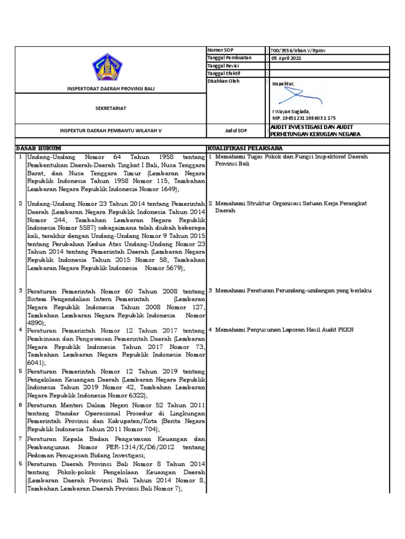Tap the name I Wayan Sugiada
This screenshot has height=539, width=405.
click(291, 111)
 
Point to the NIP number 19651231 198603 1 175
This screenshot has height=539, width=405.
click(304, 118)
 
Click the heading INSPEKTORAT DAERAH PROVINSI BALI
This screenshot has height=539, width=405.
click(110, 89)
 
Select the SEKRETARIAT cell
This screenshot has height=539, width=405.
click(110, 108)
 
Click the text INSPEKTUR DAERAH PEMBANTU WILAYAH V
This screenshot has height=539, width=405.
click(110, 131)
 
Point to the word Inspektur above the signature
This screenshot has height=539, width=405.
click(283, 84)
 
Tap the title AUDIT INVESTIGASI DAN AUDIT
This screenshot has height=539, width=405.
click(311, 127)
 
